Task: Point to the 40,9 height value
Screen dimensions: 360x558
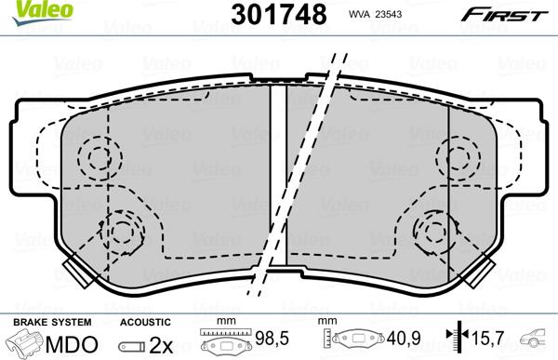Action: click(401, 340)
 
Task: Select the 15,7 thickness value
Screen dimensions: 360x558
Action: click(486, 340)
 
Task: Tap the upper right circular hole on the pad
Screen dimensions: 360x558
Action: click(458, 155)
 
